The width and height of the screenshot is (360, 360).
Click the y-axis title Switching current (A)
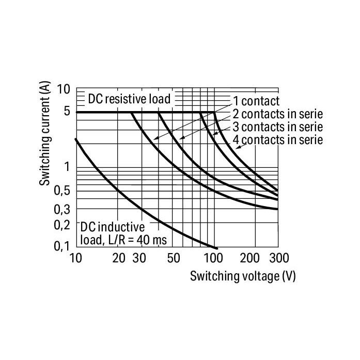pyautogui.click(x=45, y=133)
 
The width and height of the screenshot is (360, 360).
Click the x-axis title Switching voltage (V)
pyautogui.click(x=243, y=276)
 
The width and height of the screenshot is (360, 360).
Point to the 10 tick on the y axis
pyautogui.click(x=64, y=89)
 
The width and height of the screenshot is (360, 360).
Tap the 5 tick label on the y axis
pyautogui.click(x=67, y=112)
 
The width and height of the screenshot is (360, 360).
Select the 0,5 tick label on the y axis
pyautogui.click(x=62, y=191)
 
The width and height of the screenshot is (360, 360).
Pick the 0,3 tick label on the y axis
pyautogui.click(x=62, y=209)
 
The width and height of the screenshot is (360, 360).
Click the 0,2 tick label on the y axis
pyautogui.click(x=62, y=225)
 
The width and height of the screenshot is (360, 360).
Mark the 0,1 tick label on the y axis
pyautogui.click(x=62, y=246)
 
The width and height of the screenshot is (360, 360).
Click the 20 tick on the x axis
pyautogui.click(x=119, y=258)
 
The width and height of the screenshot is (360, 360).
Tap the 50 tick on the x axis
pyautogui.click(x=174, y=258)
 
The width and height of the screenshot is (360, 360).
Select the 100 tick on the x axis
pyautogui.click(x=213, y=258)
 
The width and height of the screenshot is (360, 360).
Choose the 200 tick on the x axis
pyautogui.click(x=249, y=258)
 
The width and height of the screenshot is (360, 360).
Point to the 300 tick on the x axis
pyautogui.click(x=279, y=258)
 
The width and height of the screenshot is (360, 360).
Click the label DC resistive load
pyautogui.click(x=129, y=99)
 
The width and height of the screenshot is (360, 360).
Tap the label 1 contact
pyautogui.click(x=256, y=101)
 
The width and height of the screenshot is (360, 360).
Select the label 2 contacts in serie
pyautogui.click(x=278, y=114)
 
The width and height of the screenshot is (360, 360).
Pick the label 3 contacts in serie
pyautogui.click(x=278, y=127)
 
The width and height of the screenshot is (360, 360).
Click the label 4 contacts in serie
pyautogui.click(x=278, y=140)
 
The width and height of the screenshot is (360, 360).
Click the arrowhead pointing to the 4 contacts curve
pyautogui.click(x=238, y=147)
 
